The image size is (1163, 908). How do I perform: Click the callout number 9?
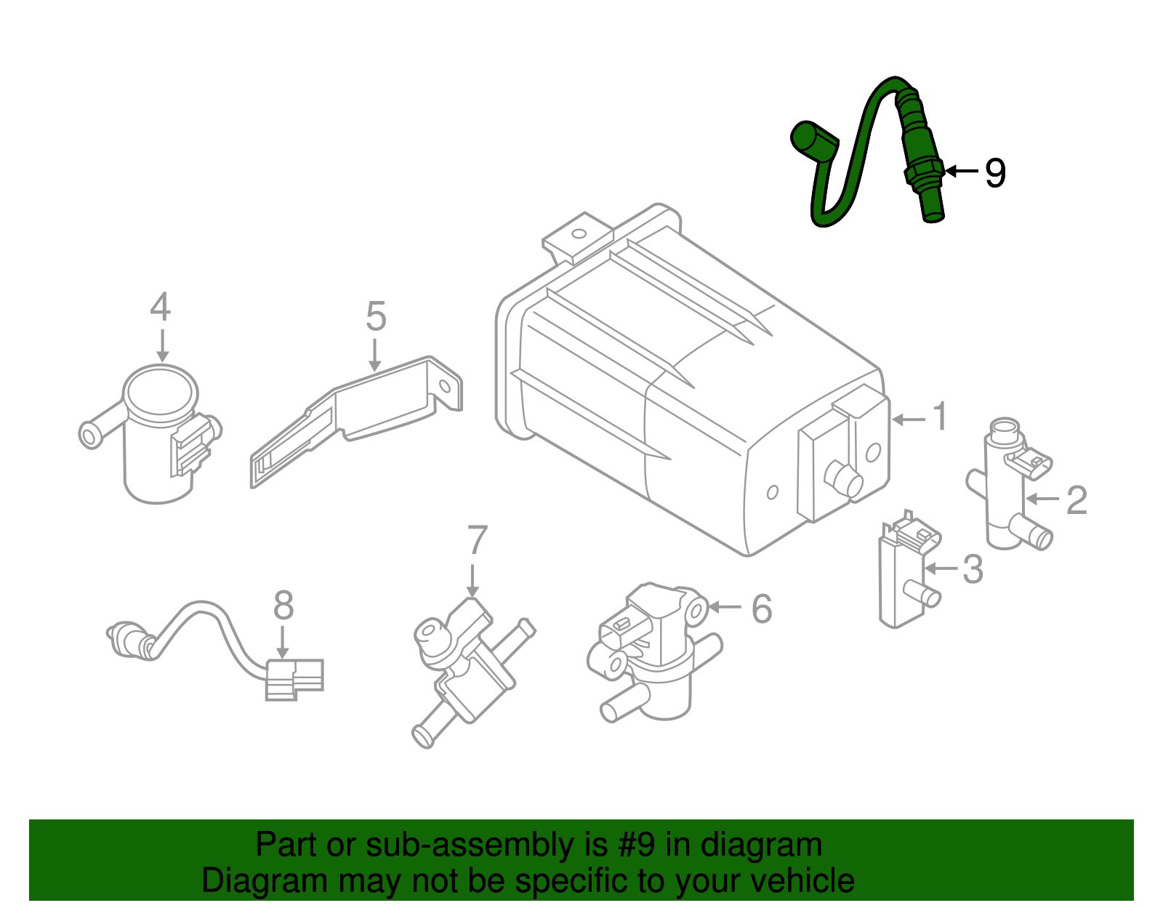click(x=995, y=173)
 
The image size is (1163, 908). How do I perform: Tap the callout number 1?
click(x=940, y=417)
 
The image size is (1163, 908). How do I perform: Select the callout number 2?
click(x=1077, y=500)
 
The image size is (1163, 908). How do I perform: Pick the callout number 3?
click(x=973, y=568)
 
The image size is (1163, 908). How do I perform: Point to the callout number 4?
click(x=161, y=307)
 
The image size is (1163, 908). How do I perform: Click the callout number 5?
click(x=376, y=317)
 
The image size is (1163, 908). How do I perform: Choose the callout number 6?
click(x=761, y=608)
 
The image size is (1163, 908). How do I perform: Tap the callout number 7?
click(x=477, y=541)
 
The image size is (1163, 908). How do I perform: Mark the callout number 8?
click(x=283, y=606)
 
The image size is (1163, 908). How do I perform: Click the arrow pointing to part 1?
click(x=909, y=419)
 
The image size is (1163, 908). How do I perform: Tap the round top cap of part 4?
click(x=161, y=393)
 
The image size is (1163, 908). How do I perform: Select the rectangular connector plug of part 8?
click(x=294, y=679)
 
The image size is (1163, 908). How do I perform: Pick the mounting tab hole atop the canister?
click(x=579, y=234)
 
